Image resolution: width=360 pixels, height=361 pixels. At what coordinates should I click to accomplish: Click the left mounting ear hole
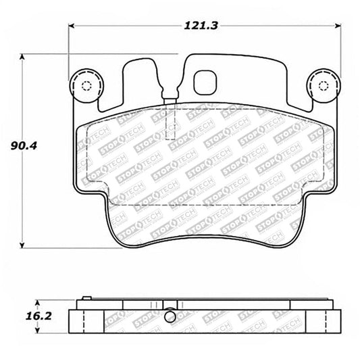[x=85, y=86]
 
